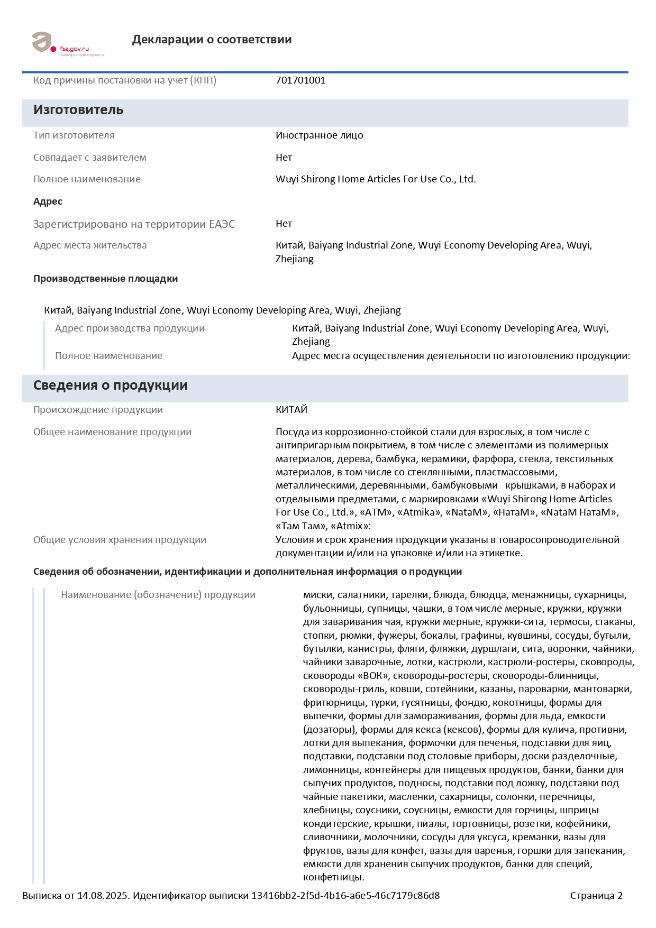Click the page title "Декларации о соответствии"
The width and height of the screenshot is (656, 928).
(x=212, y=40)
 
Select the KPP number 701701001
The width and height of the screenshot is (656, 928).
(x=300, y=80)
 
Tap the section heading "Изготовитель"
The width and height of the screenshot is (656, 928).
(x=78, y=110)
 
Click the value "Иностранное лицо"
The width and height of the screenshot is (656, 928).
(x=319, y=135)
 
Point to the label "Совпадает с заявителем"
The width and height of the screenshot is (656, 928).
(x=90, y=158)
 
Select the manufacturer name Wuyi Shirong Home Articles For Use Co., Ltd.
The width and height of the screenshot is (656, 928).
(x=376, y=179)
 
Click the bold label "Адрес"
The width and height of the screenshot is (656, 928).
(x=48, y=201)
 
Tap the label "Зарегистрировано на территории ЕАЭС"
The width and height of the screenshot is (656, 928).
(x=134, y=224)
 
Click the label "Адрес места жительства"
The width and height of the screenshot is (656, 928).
(x=90, y=245)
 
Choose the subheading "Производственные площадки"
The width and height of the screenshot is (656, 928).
(x=105, y=279)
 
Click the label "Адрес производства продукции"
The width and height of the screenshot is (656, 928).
(x=130, y=328)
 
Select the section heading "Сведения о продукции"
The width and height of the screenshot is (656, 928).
(x=110, y=385)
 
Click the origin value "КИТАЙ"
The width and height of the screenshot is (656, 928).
(x=291, y=410)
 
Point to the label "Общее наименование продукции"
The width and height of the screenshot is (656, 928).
(x=112, y=432)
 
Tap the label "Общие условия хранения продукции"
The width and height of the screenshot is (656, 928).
(x=120, y=540)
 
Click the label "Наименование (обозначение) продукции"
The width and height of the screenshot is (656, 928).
(x=158, y=595)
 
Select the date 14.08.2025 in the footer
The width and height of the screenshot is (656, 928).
(x=103, y=896)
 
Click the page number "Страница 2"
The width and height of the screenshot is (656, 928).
(x=596, y=896)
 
